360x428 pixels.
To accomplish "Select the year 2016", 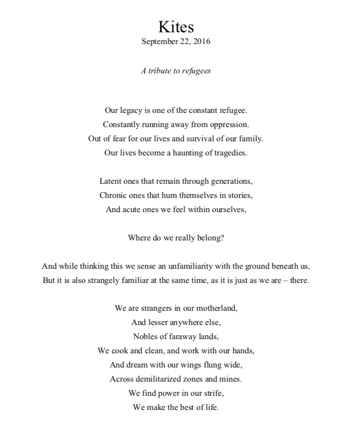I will tap(202, 42).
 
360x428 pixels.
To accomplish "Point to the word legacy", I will tap(132, 110).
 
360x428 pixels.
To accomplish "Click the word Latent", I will tap(110, 181).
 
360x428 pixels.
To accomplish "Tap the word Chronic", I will tap(113, 195).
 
